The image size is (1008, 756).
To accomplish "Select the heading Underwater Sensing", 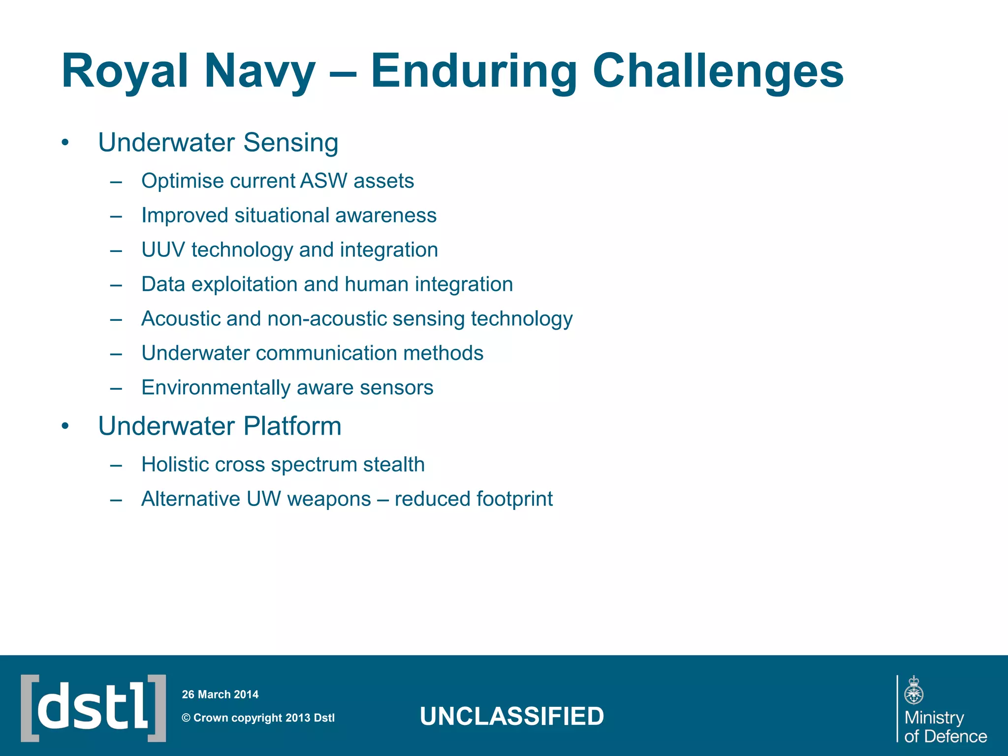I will (218, 143).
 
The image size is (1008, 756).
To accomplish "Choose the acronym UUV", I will (163, 250).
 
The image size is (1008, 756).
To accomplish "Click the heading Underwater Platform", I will (220, 426).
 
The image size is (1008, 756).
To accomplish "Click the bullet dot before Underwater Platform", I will (65, 426).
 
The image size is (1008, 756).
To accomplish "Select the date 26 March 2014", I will (220, 694).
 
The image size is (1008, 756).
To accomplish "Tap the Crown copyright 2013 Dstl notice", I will (258, 718).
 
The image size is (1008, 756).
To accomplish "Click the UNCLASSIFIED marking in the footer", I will (511, 716).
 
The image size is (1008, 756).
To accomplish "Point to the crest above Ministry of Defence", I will (913, 691).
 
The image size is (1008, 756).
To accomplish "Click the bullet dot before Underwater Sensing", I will (65, 143).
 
